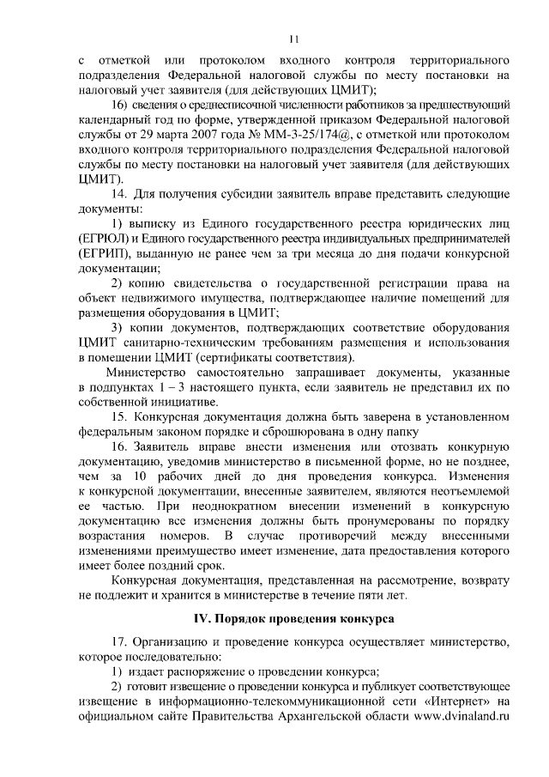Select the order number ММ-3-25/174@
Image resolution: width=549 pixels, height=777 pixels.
(294, 137)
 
